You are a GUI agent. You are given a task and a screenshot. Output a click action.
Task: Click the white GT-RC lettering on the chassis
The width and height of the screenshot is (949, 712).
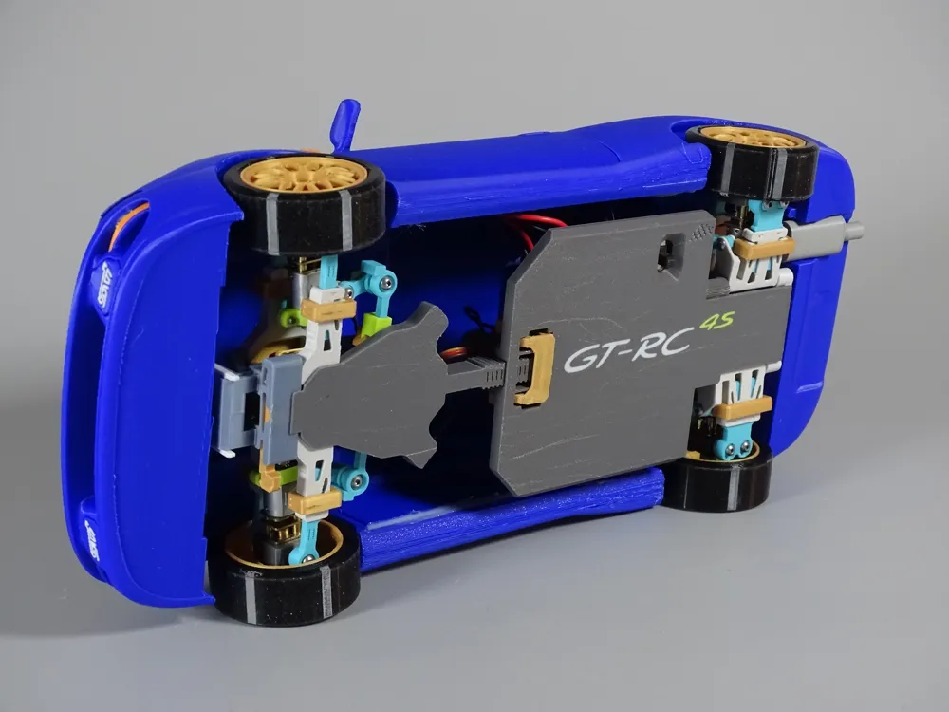click(x=627, y=350)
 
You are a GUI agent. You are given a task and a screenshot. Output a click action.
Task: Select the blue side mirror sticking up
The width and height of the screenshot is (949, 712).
click(x=345, y=124)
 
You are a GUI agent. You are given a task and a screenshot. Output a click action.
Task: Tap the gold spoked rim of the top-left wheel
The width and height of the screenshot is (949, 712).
click(x=305, y=175)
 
